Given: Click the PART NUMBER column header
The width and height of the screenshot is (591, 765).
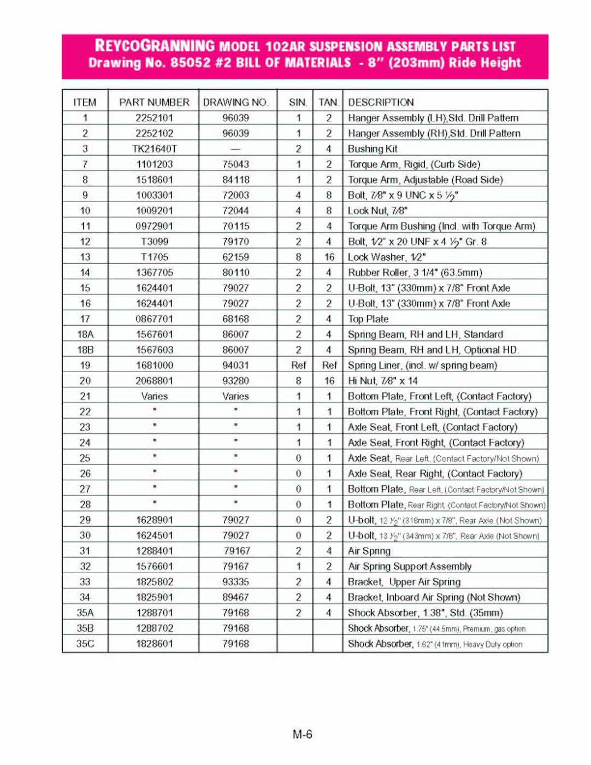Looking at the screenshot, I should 154,102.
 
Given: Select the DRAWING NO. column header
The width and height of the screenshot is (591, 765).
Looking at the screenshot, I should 235,102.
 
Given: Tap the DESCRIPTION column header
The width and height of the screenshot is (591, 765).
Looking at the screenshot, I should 381,102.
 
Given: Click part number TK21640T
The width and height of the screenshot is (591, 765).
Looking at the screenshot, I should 154,149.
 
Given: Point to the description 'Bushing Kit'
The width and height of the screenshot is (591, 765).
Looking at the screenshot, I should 373,149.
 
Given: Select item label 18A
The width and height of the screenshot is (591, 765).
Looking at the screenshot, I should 85,334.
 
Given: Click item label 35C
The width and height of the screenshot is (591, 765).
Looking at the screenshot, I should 85,644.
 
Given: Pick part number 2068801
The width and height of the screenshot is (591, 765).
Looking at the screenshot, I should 154,381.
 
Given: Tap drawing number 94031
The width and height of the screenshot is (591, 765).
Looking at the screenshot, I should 235,366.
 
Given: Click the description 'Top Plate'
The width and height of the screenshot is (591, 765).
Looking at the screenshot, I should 368,319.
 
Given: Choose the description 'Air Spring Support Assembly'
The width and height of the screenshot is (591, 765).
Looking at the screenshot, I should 410,567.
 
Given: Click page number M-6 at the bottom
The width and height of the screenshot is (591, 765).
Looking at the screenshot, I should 302,734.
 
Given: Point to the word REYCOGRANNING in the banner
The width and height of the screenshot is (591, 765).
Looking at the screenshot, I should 155,46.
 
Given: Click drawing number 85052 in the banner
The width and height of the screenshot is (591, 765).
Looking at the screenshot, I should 191,62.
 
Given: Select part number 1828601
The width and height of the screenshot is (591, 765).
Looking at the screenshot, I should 154,644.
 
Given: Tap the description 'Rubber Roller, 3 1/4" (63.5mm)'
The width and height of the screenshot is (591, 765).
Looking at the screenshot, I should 415,273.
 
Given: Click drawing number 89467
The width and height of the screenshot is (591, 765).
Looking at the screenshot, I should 235,597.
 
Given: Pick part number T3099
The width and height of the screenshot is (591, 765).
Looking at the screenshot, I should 154,242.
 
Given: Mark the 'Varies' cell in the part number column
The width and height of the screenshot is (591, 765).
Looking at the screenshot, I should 154,396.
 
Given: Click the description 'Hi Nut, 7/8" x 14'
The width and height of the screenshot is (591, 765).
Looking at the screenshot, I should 383,381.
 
